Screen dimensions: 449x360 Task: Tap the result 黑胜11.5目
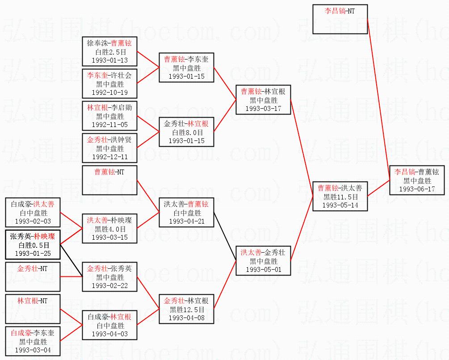coord(340,197)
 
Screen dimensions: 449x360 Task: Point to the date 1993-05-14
coord(340,205)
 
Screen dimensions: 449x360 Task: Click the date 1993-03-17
coord(264,109)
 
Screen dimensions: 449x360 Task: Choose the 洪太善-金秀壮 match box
coord(264,260)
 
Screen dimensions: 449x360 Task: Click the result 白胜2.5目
coord(109,51)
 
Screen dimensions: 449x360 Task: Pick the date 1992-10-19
coord(109,93)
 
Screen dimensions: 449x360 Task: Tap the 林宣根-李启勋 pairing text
coord(109,108)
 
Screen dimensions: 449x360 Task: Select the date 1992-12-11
coord(109,157)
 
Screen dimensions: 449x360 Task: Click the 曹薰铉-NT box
coord(109,180)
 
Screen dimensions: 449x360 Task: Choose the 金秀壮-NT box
coord(33,277)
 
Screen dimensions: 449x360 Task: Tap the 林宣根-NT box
coord(33,309)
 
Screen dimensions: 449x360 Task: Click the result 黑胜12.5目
coord(186,309)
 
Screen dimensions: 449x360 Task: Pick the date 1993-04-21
coord(186,221)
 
